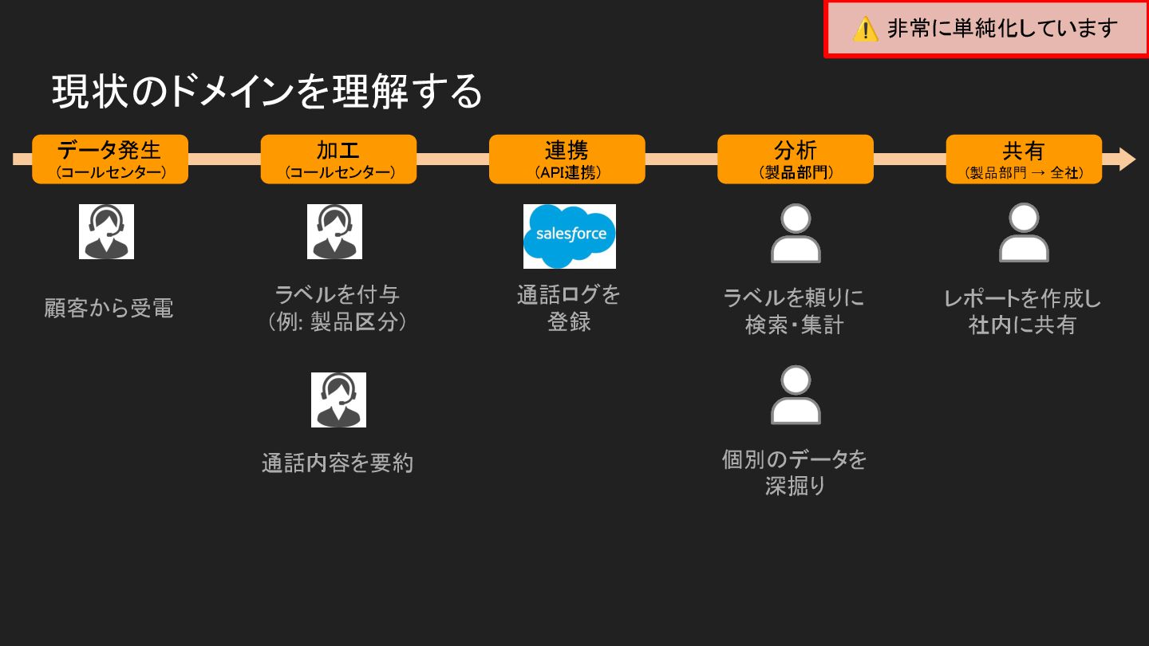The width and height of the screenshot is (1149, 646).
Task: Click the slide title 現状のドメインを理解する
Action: click(267, 91)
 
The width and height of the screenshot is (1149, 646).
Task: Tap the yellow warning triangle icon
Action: click(865, 30)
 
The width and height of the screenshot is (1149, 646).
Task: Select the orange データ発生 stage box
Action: click(110, 159)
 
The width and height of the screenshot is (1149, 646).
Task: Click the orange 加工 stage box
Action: click(338, 159)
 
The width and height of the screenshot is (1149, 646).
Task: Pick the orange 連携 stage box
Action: click(567, 159)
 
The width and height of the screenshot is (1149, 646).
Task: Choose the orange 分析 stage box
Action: click(795, 159)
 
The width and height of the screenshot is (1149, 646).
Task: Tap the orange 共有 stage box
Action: click(1024, 159)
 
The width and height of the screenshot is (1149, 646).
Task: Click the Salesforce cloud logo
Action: click(570, 235)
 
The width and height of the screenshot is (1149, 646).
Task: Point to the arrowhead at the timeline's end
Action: click(1127, 159)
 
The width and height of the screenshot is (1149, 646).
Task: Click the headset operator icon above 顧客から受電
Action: click(106, 232)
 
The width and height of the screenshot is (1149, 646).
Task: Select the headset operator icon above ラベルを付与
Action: click(334, 232)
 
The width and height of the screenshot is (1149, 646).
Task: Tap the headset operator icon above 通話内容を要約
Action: click(338, 400)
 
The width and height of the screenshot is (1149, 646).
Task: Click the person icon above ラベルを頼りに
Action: click(796, 234)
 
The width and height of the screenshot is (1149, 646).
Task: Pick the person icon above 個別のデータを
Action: click(796, 396)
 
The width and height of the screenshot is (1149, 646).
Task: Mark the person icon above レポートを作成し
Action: click(1024, 234)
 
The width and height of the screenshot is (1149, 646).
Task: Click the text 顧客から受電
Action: click(109, 308)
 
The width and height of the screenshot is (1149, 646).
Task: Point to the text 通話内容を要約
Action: click(338, 463)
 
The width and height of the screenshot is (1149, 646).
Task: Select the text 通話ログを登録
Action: click(568, 308)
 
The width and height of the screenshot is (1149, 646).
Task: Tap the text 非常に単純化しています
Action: click(1002, 29)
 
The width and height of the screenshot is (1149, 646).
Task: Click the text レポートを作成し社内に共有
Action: click(1022, 312)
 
